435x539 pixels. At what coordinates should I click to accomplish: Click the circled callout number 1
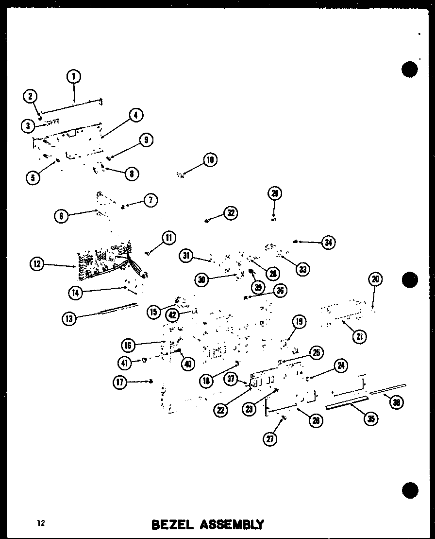pos(74,76)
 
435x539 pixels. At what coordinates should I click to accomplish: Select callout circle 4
pos(136,115)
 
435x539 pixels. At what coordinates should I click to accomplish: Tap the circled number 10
pos(210,159)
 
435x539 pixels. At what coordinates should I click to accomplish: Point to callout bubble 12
pos(36,264)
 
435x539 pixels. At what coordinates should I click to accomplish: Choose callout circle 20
pos(376,279)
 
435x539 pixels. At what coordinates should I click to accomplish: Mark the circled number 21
pos(360,336)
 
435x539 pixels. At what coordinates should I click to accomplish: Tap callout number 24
pos(341,366)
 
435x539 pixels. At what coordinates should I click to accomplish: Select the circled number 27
pos(270,438)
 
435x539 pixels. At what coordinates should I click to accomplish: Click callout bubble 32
pos(230,213)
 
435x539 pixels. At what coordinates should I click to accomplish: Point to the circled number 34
pos(329,242)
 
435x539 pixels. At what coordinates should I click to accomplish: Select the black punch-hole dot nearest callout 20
pos(410,280)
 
